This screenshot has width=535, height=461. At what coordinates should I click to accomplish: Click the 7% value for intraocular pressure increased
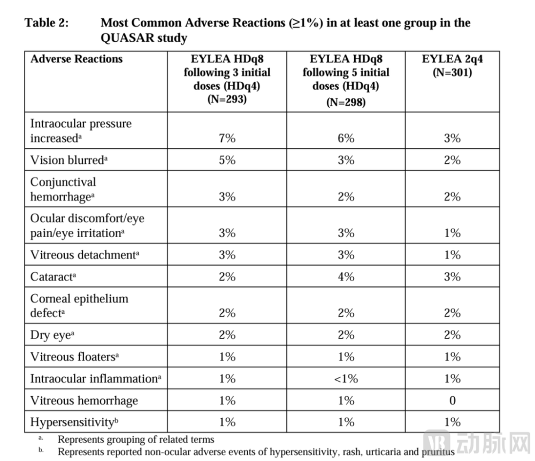pyautogui.click(x=227, y=138)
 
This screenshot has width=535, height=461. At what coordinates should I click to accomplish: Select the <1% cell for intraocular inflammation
pyautogui.click(x=346, y=379)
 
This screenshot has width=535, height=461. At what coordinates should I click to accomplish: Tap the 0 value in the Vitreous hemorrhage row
pyautogui.click(x=453, y=400)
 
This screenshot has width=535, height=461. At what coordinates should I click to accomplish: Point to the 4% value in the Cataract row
pyautogui.click(x=346, y=277)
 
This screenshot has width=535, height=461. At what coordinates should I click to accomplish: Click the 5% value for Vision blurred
pyautogui.click(x=227, y=160)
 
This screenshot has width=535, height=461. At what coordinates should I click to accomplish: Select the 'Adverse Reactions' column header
pyautogui.click(x=77, y=59)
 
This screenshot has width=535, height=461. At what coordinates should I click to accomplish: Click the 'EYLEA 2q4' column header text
pyautogui.click(x=453, y=59)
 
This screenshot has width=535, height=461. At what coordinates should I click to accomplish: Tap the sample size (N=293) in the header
pyautogui.click(x=227, y=100)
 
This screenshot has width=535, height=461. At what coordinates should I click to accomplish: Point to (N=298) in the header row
pyautogui.click(x=346, y=102)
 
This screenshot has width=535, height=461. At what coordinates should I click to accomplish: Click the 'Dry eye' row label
pyautogui.click(x=52, y=335)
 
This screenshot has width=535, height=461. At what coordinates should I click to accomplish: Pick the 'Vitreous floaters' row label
pyautogui.click(x=74, y=357)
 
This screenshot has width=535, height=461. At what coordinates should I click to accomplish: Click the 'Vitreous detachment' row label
pyautogui.click(x=85, y=255)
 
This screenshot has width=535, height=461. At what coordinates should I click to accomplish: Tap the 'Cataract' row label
pyautogui.click(x=53, y=277)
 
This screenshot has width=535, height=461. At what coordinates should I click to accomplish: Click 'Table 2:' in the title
pyautogui.click(x=47, y=23)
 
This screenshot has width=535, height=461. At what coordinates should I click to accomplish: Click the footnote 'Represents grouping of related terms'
pyautogui.click(x=136, y=439)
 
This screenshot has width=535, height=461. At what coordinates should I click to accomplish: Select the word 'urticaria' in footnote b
pyautogui.click(x=383, y=452)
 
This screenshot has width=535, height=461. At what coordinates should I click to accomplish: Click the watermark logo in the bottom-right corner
pyautogui.click(x=477, y=443)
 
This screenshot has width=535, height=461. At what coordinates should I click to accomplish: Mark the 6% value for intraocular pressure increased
pyautogui.click(x=346, y=138)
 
